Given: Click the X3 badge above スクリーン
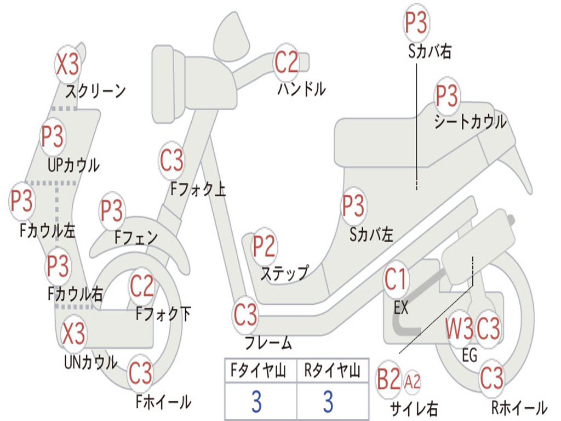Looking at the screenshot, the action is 67,64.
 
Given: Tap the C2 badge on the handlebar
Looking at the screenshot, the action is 286,61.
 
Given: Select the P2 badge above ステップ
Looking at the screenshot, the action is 264,246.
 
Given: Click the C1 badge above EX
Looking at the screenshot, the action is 396,279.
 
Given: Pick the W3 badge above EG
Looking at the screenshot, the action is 460,328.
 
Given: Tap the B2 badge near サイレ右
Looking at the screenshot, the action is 388,379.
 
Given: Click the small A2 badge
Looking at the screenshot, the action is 412,382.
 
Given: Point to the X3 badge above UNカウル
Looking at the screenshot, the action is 73,333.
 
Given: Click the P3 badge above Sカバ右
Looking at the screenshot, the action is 416,22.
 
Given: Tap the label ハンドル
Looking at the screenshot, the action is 302,89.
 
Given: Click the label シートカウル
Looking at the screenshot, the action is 470,122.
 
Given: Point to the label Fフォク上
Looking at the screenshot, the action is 198,189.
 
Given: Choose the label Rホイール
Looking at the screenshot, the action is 519,408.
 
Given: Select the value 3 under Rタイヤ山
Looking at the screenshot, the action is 329,401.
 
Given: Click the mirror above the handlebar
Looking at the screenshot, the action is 232,36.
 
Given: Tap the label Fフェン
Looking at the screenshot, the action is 136,237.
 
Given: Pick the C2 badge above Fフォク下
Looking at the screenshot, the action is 142,286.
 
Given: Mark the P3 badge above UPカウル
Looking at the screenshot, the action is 52,136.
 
